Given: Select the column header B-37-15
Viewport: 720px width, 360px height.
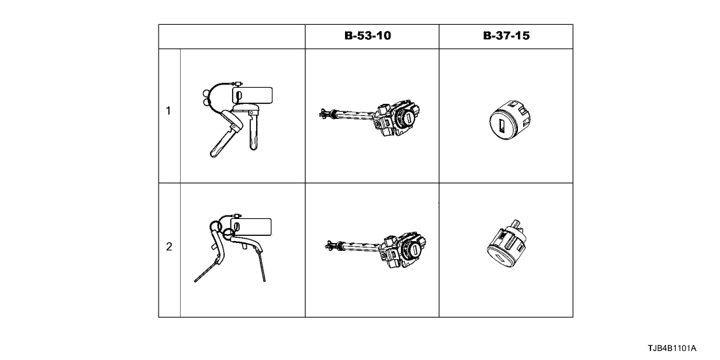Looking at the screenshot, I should (x=506, y=36).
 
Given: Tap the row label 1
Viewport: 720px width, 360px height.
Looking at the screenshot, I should (x=169, y=110).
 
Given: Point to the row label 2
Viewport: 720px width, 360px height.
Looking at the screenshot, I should (x=169, y=247).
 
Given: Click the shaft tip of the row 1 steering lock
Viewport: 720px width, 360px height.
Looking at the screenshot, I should (x=322, y=113).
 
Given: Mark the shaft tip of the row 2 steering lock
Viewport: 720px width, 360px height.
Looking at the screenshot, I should (x=328, y=245).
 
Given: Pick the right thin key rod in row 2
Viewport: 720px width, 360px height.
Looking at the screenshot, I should (x=262, y=268).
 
